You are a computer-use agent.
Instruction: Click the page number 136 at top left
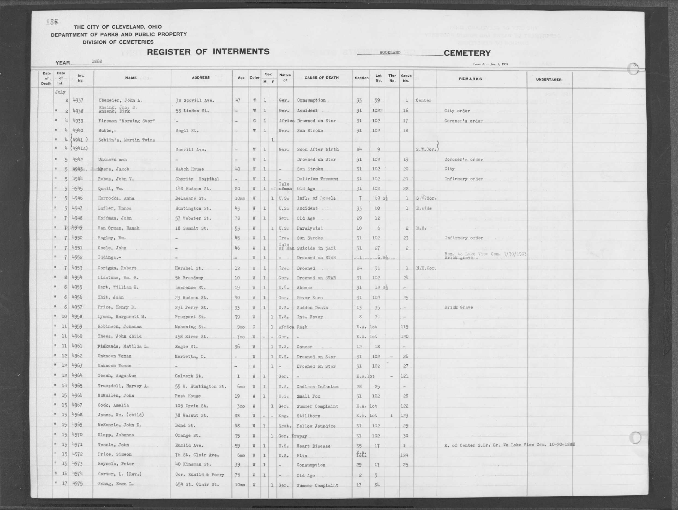[52, 22]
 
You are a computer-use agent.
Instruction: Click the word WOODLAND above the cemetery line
[390, 53]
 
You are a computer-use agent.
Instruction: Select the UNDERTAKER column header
[549, 80]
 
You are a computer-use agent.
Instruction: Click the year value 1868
[97, 61]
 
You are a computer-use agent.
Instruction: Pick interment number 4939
[78, 121]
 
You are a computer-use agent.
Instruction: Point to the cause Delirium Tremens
[317, 179]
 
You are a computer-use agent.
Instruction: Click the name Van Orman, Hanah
[118, 228]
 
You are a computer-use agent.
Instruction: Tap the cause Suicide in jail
[316, 248]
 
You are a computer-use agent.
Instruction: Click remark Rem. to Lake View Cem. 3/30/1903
[485, 254]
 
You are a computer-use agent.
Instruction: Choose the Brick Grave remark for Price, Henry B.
[458, 307]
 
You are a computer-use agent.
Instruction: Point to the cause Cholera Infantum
[317, 386]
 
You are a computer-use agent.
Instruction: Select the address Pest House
[188, 396]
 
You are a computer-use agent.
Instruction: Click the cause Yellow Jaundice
[316, 426]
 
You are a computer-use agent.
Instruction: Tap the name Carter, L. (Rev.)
[119, 474]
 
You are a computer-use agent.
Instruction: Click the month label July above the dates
[60, 92]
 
